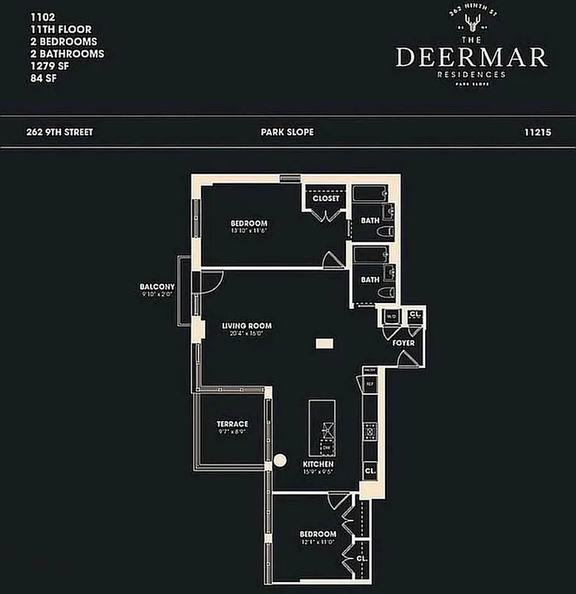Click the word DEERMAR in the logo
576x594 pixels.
471,57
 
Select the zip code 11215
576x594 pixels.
539,132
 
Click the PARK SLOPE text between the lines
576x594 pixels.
287,132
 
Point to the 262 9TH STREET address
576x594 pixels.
59,132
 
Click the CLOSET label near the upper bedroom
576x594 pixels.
326,198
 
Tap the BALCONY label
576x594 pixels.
157,287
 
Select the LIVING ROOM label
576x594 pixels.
247,326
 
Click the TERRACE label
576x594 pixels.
232,424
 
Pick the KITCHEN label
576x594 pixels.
318,465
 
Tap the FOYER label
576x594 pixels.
404,343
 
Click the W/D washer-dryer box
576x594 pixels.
391,316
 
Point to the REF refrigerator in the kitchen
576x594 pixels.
370,383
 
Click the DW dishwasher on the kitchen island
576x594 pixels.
327,448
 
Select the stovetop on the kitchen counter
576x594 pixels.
370,429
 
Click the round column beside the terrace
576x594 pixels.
280,460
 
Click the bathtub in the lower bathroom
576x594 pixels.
369,255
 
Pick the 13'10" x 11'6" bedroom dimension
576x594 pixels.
248,231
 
